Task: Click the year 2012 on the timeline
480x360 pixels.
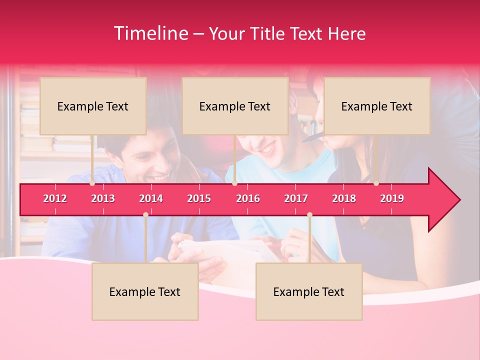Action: tap(55, 198)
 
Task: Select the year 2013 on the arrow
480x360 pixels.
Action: tap(103, 198)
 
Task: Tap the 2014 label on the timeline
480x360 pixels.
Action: tap(151, 198)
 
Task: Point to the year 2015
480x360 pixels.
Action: tap(199, 198)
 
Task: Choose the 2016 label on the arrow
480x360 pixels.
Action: tap(248, 198)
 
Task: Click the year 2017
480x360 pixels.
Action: tap(296, 198)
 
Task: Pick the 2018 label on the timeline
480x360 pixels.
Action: tap(344, 198)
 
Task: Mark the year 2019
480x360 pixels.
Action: tap(392, 198)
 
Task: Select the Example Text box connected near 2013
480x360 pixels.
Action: tap(93, 106)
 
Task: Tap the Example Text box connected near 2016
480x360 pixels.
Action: tap(235, 106)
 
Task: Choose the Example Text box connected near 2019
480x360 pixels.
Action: tap(377, 106)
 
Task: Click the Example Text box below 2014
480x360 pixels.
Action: tap(145, 291)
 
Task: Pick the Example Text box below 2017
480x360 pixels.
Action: tap(309, 291)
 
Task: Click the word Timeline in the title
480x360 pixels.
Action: tap(150, 33)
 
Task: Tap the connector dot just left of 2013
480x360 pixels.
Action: tap(92, 183)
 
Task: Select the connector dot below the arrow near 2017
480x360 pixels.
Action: tap(309, 214)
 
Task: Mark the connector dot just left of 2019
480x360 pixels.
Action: tap(376, 183)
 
